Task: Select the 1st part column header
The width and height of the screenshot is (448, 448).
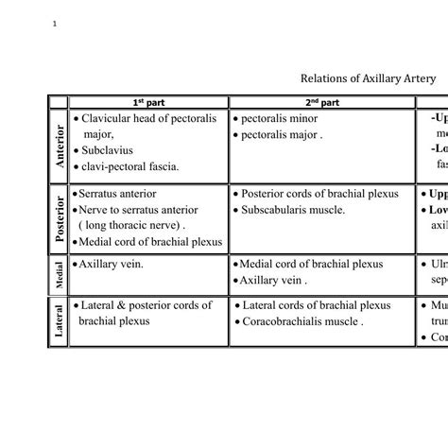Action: [148, 102]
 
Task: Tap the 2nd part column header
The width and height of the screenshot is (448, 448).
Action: [322, 102]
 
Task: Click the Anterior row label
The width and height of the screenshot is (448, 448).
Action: [59, 146]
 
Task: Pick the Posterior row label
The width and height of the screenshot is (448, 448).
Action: [59, 218]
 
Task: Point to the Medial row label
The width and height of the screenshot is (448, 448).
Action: [59, 274]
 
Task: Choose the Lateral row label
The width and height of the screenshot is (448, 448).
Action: [59, 321]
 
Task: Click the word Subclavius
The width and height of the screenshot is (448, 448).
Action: [108, 150]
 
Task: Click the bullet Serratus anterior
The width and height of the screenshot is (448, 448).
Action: [117, 194]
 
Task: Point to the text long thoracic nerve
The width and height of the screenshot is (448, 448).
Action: [131, 226]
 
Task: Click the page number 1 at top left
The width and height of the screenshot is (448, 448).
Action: [58, 24]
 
